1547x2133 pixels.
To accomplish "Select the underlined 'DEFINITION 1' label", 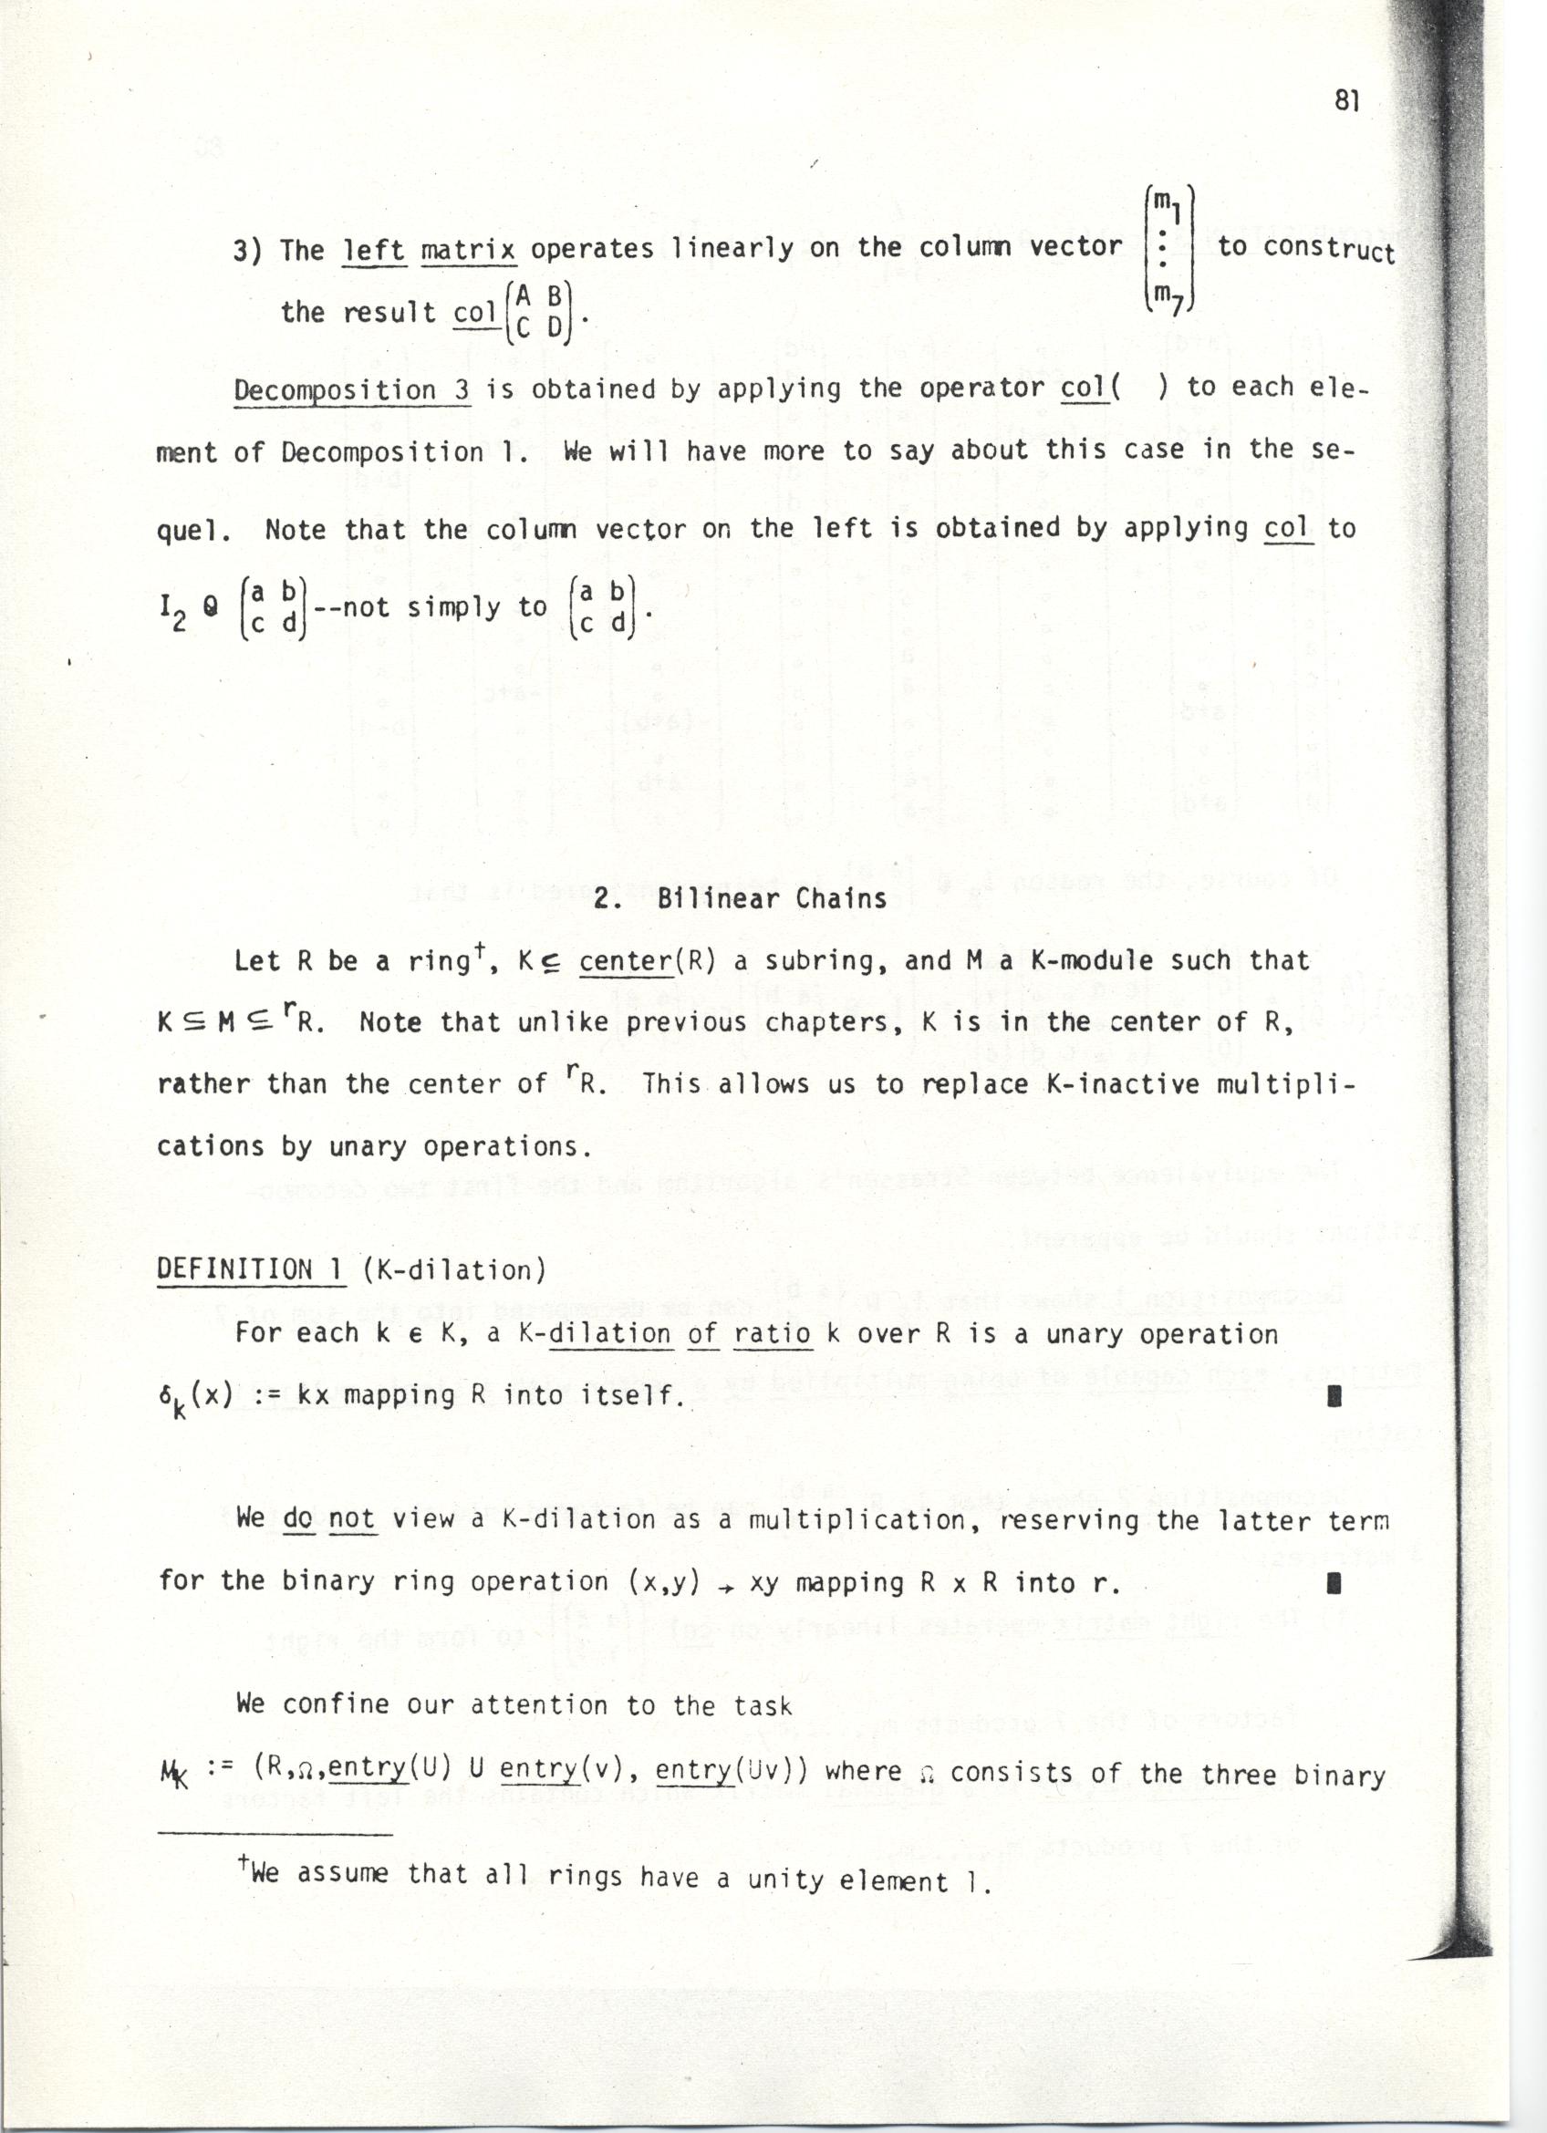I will pos(248,1269).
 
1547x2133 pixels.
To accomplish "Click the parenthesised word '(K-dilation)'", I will pos(453,1270).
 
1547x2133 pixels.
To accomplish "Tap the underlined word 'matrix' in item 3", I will pos(468,250).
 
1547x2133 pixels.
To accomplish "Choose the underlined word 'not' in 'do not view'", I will pos(353,1518).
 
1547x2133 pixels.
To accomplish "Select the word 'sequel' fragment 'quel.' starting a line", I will pos(192,530).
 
